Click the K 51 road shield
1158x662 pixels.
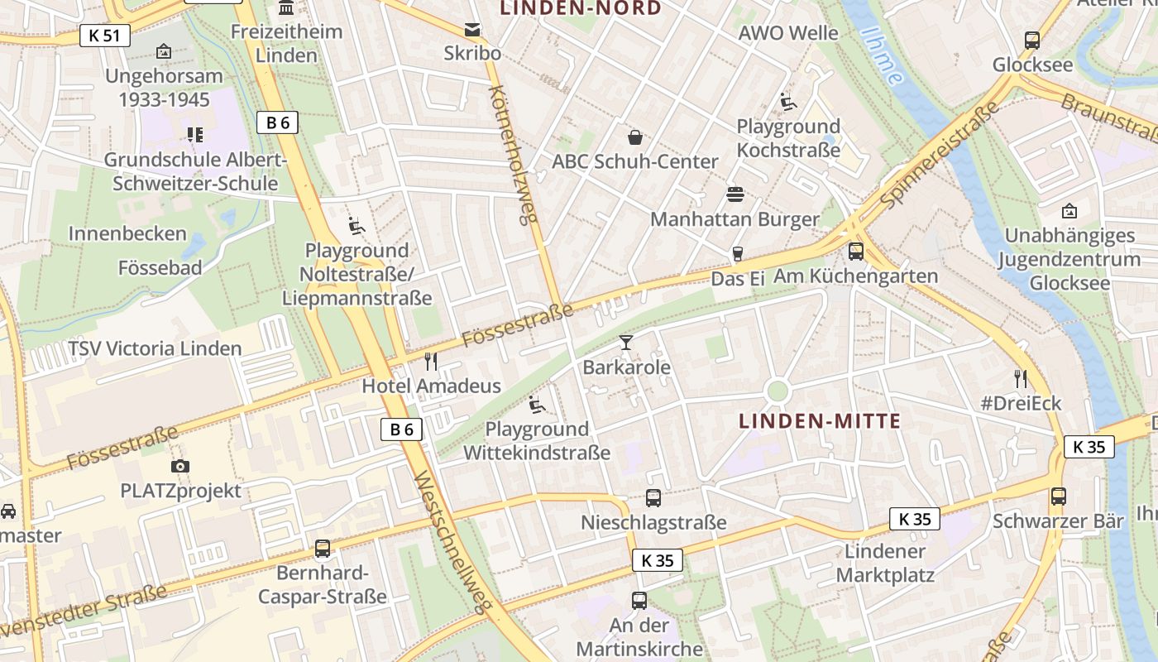point(105,36)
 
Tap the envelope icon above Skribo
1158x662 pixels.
point(472,31)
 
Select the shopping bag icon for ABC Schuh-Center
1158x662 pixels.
point(635,137)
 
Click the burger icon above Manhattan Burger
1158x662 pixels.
point(735,194)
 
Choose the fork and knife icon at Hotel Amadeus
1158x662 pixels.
point(431,362)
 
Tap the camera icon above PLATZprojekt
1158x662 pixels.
point(180,467)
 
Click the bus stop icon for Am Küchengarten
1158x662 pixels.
point(856,252)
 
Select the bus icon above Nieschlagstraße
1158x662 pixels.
point(653,498)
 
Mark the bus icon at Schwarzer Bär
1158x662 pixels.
point(1059,496)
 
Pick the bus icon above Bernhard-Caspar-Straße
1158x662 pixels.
point(323,549)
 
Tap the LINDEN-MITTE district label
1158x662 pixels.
point(820,421)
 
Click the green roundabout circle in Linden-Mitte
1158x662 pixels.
point(778,391)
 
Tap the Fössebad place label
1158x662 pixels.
point(160,268)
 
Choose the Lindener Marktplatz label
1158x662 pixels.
point(885,563)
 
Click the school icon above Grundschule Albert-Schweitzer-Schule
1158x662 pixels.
point(195,134)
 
